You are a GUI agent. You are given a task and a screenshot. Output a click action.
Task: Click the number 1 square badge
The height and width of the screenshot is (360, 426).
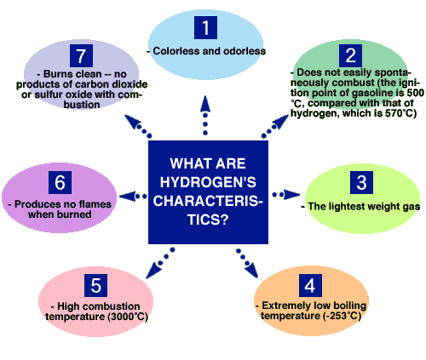pyautogui.click(x=205, y=27)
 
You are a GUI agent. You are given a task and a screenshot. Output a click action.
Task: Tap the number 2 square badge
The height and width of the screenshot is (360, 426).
pyautogui.click(x=350, y=55)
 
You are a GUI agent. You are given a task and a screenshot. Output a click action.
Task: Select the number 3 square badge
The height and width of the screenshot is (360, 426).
pyautogui.click(x=361, y=182)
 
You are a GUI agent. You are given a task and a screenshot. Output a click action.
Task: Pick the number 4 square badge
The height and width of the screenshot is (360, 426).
pyautogui.click(x=310, y=285)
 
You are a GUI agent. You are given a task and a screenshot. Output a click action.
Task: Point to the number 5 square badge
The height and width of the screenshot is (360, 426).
pyautogui.click(x=95, y=285)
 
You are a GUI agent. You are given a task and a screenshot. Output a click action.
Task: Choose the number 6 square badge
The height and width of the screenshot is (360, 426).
pyautogui.click(x=60, y=182)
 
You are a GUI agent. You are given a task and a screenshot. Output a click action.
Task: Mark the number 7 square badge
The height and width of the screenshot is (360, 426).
pyautogui.click(x=81, y=55)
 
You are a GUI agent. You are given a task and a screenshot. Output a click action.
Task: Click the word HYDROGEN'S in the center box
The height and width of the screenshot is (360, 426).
pyautogui.click(x=208, y=182)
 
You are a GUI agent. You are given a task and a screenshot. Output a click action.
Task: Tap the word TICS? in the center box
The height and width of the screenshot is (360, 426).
pyautogui.click(x=208, y=220)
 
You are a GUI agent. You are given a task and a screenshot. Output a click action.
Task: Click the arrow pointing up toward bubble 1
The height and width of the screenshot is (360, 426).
pyautogui.click(x=205, y=115)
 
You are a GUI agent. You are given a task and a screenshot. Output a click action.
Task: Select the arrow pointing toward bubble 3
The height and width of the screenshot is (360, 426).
pyautogui.click(x=285, y=195)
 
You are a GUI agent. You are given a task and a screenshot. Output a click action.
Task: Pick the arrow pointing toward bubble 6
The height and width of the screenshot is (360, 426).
pyautogui.click(x=133, y=196)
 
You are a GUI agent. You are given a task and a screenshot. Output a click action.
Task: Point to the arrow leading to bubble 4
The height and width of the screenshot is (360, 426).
pyautogui.click(x=247, y=263)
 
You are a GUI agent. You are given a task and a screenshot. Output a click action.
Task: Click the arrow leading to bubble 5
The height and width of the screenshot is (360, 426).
pyautogui.click(x=160, y=263)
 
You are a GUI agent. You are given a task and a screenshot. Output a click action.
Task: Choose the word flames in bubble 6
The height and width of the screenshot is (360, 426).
pyautogui.click(x=95, y=204)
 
